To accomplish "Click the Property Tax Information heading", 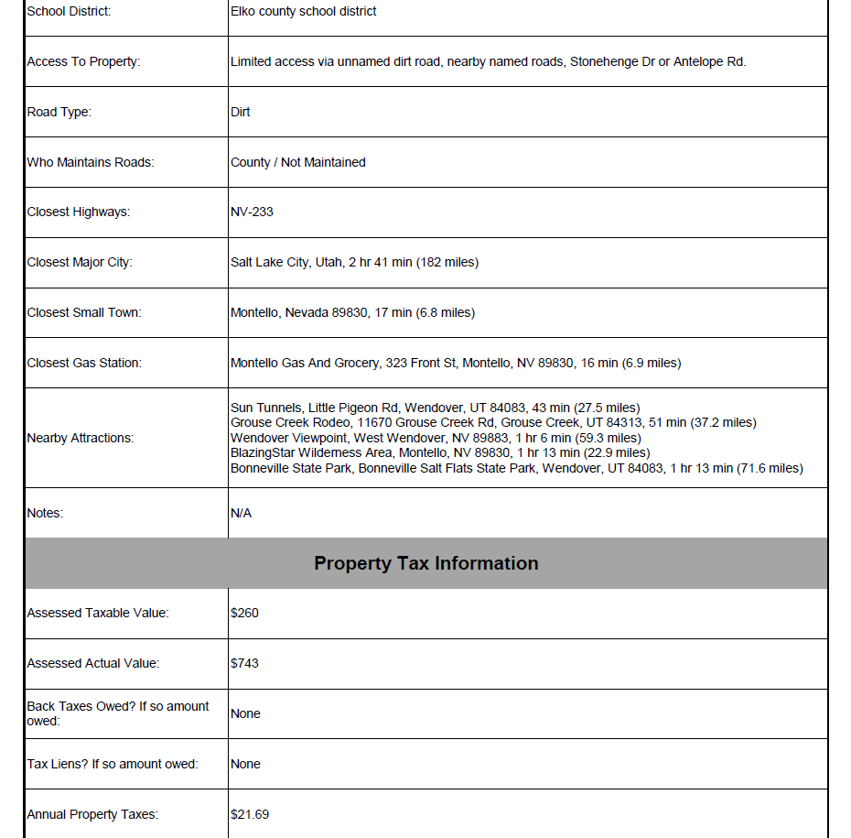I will point(425,563).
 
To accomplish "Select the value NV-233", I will point(252,212).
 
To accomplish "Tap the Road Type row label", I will point(59,113).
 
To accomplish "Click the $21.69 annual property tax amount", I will point(250,814).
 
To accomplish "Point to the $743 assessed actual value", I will point(244,663).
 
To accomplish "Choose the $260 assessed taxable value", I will point(244,613).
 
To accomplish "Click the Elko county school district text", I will point(303,12).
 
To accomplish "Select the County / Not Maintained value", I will point(297,162).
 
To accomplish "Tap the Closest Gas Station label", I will point(84,363).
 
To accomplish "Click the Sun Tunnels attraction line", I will point(435,408).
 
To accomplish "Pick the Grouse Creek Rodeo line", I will point(493,423).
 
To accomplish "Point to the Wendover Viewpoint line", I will point(436,438).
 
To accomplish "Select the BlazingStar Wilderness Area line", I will point(440,453).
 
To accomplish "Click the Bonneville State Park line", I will point(516,469).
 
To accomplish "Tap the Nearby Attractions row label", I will point(81,438).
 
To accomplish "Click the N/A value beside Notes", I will point(241,513).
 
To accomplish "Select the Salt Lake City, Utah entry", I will point(354,263).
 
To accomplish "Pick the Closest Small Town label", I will point(84,312).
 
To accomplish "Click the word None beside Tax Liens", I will point(245,764).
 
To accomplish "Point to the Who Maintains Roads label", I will point(91,162).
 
